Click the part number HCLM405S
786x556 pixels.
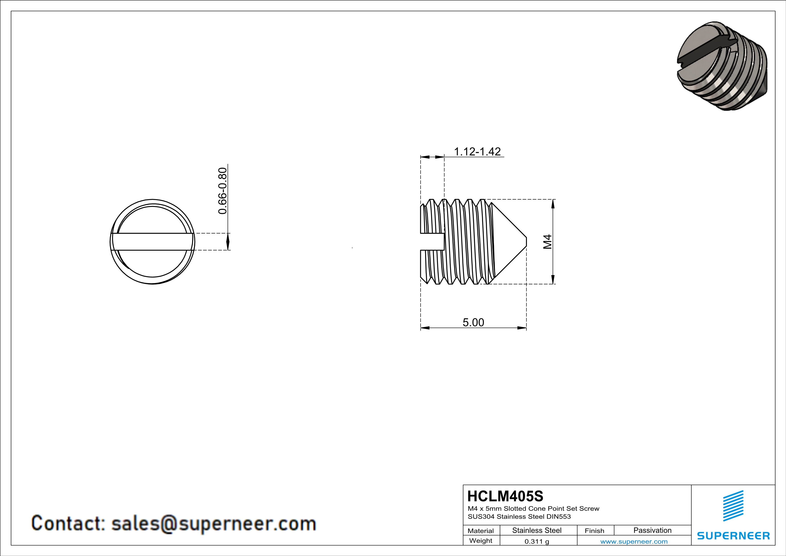[505, 496]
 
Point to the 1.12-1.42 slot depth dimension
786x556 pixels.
[477, 151]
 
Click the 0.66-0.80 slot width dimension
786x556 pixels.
[223, 191]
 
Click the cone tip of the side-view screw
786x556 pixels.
[526, 242]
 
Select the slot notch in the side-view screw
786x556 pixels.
[432, 242]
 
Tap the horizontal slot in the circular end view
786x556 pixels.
[152, 242]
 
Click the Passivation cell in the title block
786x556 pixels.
[652, 530]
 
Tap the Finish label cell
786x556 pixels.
[594, 531]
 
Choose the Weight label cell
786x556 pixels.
[481, 541]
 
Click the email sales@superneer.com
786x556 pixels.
[214, 524]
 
